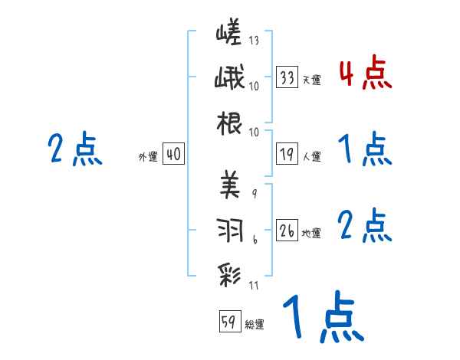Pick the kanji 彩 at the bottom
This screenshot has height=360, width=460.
(x=229, y=273)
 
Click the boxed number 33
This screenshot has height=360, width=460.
(x=287, y=77)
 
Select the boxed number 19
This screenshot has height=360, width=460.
(x=287, y=154)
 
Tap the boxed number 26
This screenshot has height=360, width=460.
(x=287, y=230)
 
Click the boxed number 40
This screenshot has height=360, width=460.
(x=173, y=154)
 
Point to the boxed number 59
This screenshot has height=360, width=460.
(x=229, y=322)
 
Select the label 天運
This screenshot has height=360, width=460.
(x=311, y=80)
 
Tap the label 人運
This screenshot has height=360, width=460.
(x=311, y=156)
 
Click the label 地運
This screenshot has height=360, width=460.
(x=311, y=233)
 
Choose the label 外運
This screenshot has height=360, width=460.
(x=148, y=156)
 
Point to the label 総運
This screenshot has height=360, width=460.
(x=254, y=324)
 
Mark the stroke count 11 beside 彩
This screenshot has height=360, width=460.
(x=254, y=286)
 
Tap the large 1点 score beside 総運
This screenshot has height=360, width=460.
(x=322, y=318)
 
